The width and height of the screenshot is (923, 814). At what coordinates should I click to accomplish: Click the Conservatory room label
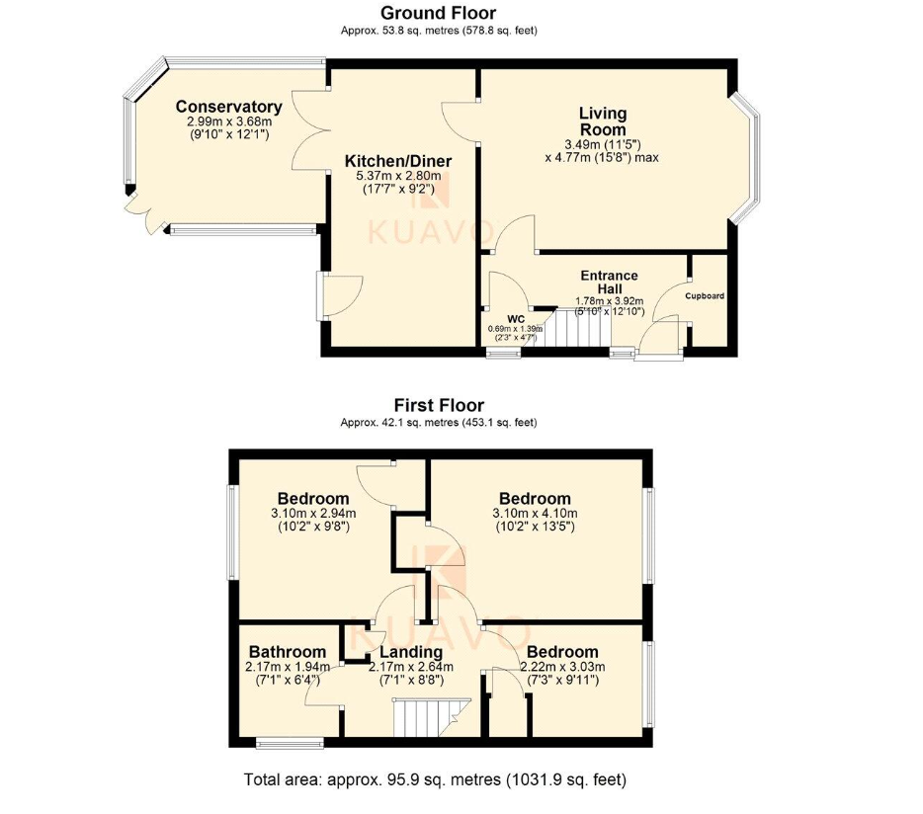pos(229,107)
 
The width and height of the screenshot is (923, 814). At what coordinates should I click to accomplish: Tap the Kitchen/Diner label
pos(398,161)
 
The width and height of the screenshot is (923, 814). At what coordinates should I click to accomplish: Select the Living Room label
pos(603,122)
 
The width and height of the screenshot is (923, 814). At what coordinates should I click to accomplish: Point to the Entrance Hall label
pos(610,282)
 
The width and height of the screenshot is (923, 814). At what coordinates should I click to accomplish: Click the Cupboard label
pos(705,296)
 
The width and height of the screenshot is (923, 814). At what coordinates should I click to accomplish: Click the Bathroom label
pos(288,652)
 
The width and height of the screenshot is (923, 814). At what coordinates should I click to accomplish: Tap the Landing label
pos(411,652)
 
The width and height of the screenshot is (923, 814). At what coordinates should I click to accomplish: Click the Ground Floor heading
pos(439,13)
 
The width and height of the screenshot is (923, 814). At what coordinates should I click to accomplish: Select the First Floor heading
pos(439,405)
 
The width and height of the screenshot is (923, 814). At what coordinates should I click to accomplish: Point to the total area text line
pos(435,779)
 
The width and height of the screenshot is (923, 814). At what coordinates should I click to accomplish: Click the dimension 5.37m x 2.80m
pos(398,176)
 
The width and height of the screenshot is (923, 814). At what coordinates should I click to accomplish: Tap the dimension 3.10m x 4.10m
pos(535,514)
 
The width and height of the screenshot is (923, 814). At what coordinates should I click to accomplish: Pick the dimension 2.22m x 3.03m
pos(562,667)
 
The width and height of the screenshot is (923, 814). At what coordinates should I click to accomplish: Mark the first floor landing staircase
pos(432,717)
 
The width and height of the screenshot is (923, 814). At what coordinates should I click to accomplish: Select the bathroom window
pos(291,743)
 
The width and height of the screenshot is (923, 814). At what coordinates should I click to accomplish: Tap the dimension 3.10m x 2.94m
pos(313,514)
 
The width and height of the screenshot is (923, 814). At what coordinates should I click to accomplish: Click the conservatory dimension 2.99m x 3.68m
pos(229,122)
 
